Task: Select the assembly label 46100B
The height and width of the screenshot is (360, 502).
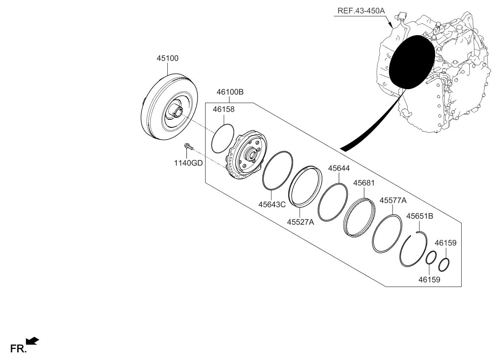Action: click(x=229, y=92)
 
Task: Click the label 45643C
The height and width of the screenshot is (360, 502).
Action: click(x=272, y=204)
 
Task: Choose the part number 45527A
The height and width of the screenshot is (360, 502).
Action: click(x=300, y=222)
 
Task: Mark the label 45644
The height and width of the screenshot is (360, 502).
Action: click(x=339, y=169)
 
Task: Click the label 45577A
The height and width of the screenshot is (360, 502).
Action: click(x=393, y=200)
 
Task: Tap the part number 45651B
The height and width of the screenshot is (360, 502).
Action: click(x=420, y=216)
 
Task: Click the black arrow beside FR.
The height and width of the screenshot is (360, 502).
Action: click(x=32, y=340)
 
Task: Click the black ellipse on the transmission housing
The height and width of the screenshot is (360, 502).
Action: click(x=412, y=62)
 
